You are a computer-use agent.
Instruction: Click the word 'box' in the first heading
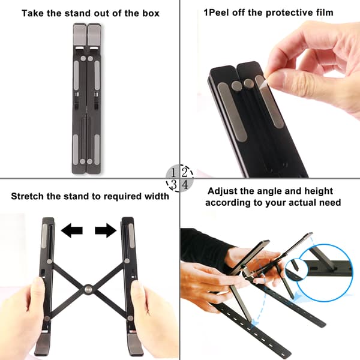click(151, 13)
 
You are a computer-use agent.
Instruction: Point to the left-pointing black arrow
click(71, 230)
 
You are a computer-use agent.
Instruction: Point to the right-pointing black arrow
click(106, 230)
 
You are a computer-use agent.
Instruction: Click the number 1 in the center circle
click(174, 172)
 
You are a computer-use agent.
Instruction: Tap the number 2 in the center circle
click(185, 172)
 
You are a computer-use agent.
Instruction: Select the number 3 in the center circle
click(174, 184)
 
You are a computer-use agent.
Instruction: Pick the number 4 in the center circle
click(185, 184)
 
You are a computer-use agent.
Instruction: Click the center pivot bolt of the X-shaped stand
click(88, 289)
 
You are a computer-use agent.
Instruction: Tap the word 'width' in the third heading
click(157, 196)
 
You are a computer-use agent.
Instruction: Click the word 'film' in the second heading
click(325, 13)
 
